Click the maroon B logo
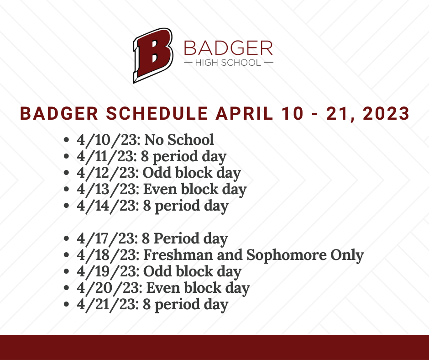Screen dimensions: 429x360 (x=153, y=55)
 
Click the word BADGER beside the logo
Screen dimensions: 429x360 (x=229, y=48)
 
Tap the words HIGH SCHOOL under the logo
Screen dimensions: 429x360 (x=228, y=63)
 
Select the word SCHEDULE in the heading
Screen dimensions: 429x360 (x=157, y=113)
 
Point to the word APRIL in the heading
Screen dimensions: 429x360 (x=244, y=113)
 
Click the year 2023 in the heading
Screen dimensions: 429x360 (x=386, y=113)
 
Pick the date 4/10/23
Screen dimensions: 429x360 (x=109, y=140)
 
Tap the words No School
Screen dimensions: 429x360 (x=179, y=140)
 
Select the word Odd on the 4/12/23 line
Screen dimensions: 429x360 (x=157, y=173)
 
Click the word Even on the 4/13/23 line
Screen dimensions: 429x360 (x=160, y=189)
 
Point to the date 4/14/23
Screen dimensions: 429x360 (x=108, y=206)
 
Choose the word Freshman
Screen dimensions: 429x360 (x=178, y=255)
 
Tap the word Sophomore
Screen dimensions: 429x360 (x=287, y=255)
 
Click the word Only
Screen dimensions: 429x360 (x=347, y=255)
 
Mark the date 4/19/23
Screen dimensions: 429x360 (x=109, y=271)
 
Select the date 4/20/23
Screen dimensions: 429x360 (x=110, y=288)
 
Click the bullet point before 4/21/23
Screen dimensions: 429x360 (x=66, y=304)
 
